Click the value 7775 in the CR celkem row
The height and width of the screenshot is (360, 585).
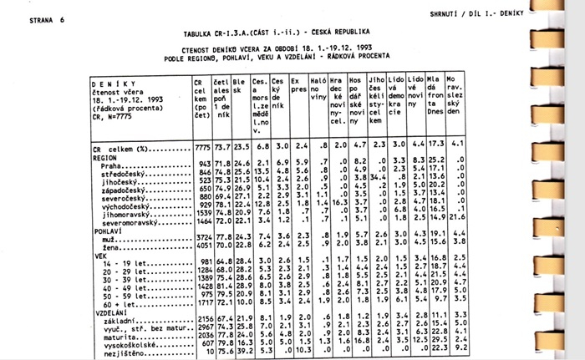click(201, 147)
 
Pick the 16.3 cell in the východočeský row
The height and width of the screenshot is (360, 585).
click(338, 203)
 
